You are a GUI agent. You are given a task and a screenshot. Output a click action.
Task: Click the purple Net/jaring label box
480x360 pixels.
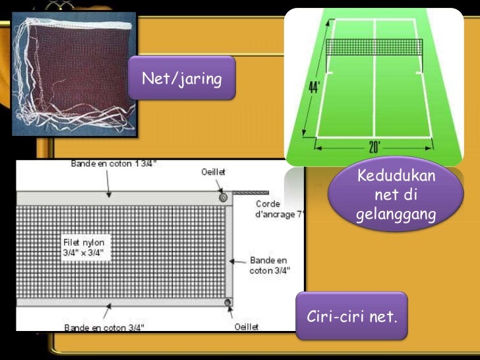(181, 78)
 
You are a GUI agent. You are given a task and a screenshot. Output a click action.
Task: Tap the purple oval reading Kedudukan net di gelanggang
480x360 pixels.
(396, 195)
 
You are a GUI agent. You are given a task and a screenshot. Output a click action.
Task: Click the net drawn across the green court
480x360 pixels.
(374, 47)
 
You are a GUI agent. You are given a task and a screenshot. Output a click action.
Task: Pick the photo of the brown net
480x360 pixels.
(74, 73)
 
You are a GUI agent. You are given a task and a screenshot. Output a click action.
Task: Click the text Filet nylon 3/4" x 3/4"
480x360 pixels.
(84, 247)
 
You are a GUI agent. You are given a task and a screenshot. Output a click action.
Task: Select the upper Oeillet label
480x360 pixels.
(214, 172)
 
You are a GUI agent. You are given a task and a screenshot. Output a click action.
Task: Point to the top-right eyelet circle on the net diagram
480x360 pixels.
(224, 196)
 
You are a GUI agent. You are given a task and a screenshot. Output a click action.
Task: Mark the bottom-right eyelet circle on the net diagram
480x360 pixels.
(227, 303)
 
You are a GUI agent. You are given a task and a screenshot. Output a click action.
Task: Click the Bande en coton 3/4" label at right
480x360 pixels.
(269, 265)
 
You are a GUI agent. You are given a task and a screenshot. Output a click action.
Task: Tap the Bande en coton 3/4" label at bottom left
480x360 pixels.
(104, 326)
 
